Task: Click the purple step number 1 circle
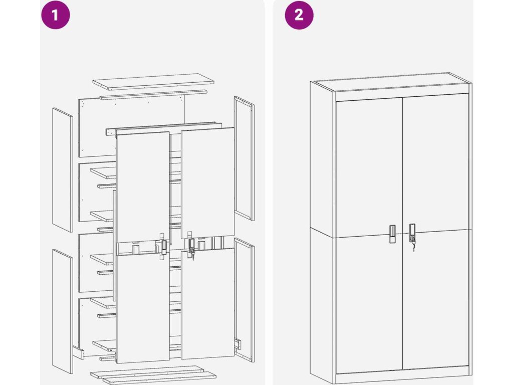coord(55,15)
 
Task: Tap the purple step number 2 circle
coord(299,15)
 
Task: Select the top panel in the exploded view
coord(153,81)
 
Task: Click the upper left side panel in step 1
coord(62,169)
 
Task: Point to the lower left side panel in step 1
coord(62,311)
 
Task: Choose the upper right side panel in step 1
coord(244,158)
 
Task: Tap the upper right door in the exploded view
coord(208,182)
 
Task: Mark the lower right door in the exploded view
coord(208,303)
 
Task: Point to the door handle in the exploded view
coord(164,247)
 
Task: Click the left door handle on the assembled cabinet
coord(392,234)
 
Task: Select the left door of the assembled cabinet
coord(369,237)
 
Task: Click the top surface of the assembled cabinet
coord(391,82)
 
